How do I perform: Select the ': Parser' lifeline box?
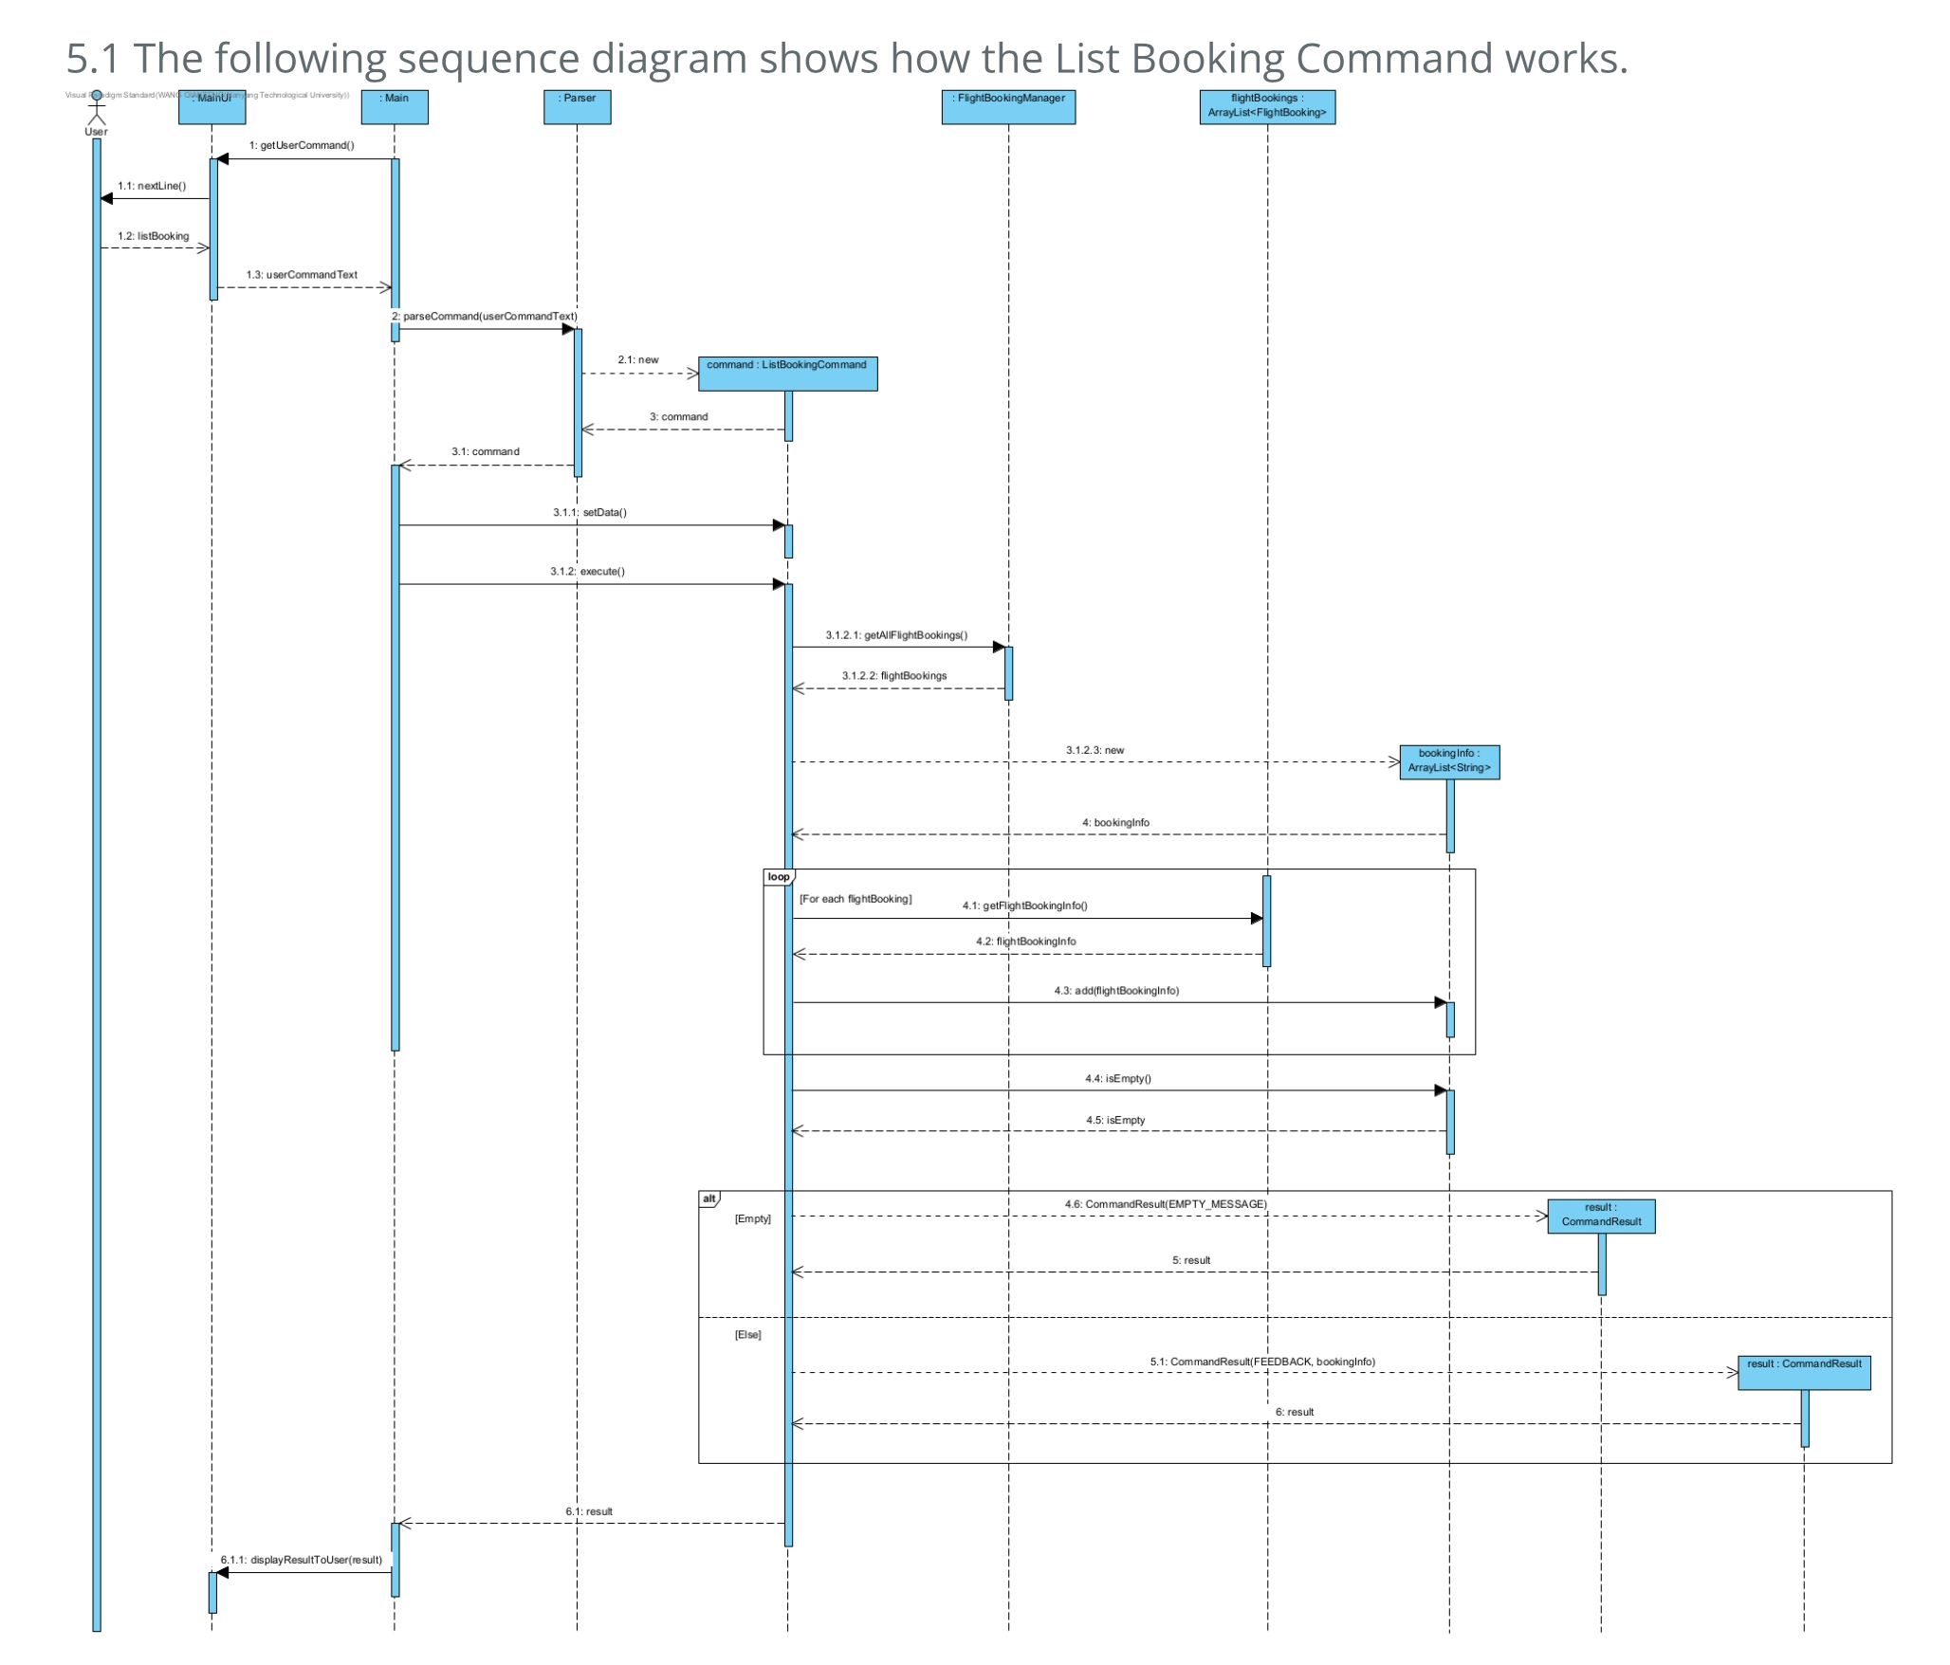(x=577, y=106)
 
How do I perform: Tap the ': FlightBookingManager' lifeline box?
(x=1008, y=106)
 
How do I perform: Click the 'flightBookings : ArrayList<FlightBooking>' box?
(x=1267, y=106)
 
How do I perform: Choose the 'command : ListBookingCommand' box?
(x=787, y=373)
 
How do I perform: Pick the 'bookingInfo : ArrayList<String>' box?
(x=1449, y=761)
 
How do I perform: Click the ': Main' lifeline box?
(x=395, y=106)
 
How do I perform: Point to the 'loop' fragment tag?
(x=779, y=877)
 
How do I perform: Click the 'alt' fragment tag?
(x=709, y=1198)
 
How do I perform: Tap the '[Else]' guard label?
(x=747, y=1334)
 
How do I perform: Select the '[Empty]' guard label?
(x=752, y=1218)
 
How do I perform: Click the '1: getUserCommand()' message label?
(x=302, y=145)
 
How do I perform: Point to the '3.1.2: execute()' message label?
(x=587, y=571)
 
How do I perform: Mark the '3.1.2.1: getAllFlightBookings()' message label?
(x=896, y=634)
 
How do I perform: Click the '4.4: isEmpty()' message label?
(x=1118, y=1078)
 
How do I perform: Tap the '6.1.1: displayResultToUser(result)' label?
(x=302, y=1560)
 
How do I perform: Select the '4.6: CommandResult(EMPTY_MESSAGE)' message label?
(x=1166, y=1204)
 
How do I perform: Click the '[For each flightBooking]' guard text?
(x=855, y=899)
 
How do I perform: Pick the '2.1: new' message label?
(x=638, y=359)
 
